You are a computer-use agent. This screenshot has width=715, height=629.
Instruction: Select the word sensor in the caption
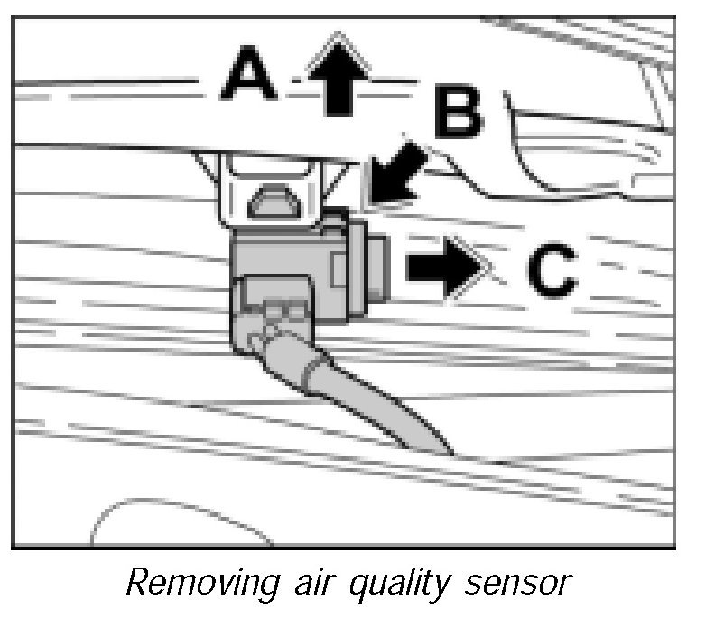tap(520, 582)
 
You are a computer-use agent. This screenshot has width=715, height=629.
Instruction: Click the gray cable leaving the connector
tap(379, 402)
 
